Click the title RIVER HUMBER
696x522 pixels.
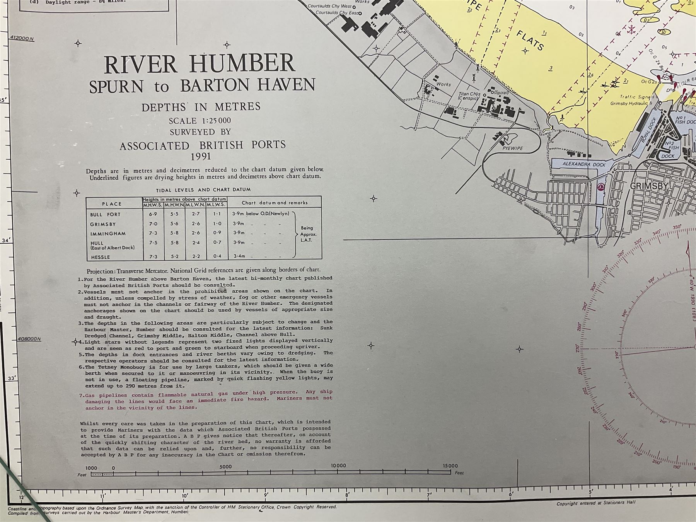(x=200, y=65)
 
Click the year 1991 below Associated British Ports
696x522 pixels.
(x=201, y=156)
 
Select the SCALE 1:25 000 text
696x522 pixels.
(x=200, y=121)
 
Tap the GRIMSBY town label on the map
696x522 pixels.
(x=649, y=186)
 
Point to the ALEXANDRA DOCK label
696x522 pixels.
(x=584, y=164)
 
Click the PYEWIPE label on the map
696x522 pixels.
(x=512, y=148)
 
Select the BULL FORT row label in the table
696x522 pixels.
(x=105, y=215)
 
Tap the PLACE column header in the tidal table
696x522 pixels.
(x=112, y=204)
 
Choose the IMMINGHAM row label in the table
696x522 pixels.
(x=108, y=234)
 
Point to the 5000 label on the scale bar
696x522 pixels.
(x=225, y=467)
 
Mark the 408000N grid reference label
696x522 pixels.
(x=29, y=339)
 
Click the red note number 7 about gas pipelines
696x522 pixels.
(x=81, y=396)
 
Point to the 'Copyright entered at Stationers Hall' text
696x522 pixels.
(x=596, y=503)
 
